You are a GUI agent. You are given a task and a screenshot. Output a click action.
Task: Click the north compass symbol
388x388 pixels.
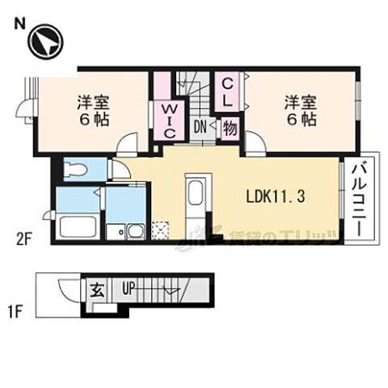[44, 42]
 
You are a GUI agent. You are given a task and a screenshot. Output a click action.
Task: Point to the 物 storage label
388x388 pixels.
[230, 127]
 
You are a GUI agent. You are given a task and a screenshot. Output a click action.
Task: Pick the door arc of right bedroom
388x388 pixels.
[255, 145]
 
